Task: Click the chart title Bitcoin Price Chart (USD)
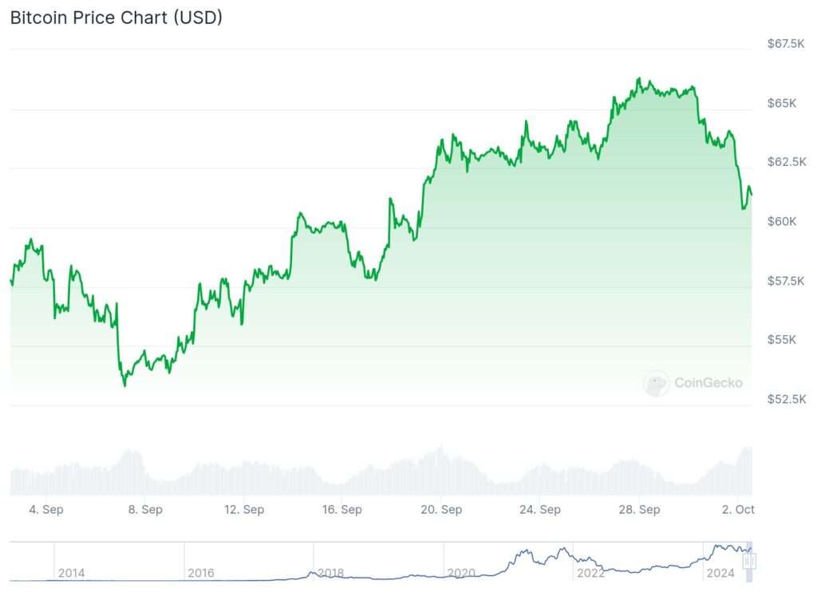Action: click(x=116, y=18)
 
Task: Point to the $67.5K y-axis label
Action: click(x=785, y=44)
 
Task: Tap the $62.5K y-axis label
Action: click(x=785, y=162)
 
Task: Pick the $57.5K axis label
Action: click(x=785, y=281)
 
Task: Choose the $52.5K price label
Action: click(x=785, y=399)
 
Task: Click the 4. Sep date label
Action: click(x=45, y=509)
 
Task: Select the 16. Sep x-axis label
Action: click(x=341, y=509)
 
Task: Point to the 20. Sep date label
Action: click(x=440, y=509)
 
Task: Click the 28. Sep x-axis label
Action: click(x=639, y=509)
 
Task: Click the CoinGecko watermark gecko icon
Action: click(x=657, y=384)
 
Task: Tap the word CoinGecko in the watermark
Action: click(x=708, y=383)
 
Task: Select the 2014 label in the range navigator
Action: click(x=71, y=573)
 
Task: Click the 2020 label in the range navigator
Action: click(x=462, y=573)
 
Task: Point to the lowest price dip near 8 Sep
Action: click(x=124, y=385)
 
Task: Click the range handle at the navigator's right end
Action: click(x=748, y=561)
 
